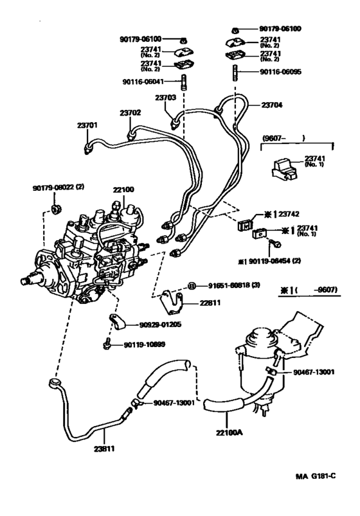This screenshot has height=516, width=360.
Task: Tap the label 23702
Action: pos(130,112)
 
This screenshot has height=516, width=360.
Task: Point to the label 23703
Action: pos(165,98)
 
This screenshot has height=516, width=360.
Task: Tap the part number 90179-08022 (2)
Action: pos(59,188)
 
